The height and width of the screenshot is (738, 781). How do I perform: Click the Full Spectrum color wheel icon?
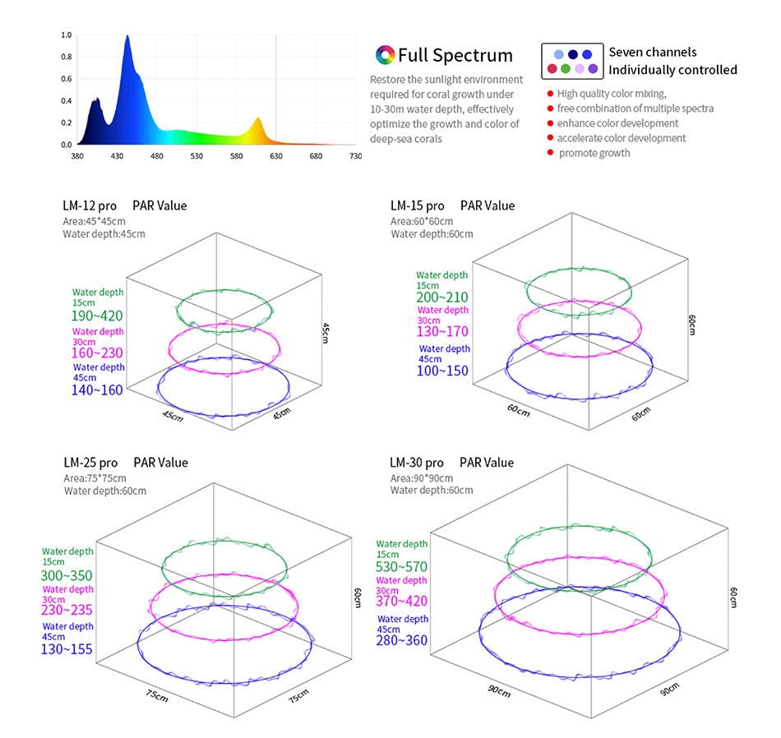pos(385,55)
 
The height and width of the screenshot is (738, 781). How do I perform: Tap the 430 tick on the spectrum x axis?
pos(118,155)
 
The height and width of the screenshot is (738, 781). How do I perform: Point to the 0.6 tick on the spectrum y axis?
pos(67,79)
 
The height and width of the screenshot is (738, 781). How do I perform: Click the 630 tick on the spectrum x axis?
pos(275,155)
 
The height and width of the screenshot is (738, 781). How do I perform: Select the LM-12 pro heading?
pos(90,205)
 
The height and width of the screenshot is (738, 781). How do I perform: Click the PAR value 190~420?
pos(98,316)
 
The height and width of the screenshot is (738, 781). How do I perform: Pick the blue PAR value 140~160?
pos(98,390)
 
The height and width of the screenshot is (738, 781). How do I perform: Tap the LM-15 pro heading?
pos(417,205)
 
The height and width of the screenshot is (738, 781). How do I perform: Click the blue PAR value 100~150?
pos(442,371)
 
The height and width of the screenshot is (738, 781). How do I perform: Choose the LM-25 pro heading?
pos(90,463)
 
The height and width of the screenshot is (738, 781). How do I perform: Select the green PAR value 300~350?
pos(67,575)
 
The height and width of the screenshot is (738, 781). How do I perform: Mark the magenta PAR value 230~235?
pos(67,610)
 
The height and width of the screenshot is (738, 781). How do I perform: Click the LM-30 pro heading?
pos(416,463)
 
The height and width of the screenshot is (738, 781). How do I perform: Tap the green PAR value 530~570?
pos(402,567)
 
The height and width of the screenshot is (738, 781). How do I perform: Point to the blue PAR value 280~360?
pos(402,639)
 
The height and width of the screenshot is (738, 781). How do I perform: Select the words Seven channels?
pos(652,52)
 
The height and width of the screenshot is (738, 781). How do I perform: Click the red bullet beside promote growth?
pos(550,153)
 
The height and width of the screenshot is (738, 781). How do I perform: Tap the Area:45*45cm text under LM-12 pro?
pos(95,220)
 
